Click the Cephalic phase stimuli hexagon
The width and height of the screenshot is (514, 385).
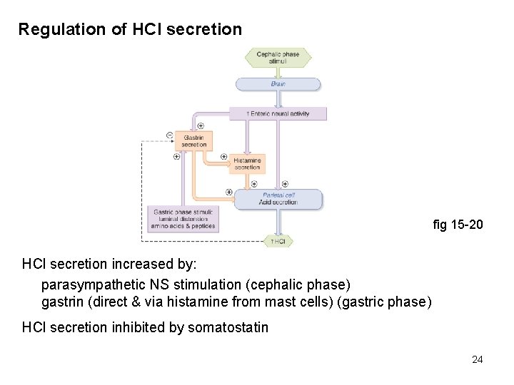coord(278,58)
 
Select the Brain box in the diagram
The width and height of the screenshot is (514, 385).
coord(278,84)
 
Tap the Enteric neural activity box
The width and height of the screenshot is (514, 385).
coord(278,113)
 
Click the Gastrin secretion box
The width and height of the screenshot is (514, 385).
coord(193,140)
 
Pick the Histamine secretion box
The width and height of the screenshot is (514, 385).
coord(247,164)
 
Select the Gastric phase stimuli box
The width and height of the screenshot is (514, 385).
coord(183,219)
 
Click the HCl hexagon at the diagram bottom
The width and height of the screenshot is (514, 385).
coord(278,241)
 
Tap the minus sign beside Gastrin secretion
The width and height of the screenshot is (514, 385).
coord(169,135)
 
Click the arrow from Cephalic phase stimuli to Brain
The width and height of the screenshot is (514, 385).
coord(278,72)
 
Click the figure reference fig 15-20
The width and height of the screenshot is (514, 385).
coord(458,225)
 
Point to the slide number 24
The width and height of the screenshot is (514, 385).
coord(477,359)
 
